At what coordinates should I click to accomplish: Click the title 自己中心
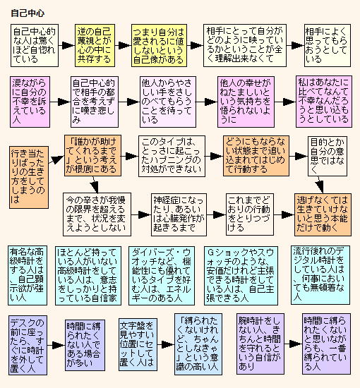pos(28,13)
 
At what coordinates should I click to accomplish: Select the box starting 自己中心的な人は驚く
pos(35,45)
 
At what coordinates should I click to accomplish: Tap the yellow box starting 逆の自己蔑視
pos(95,45)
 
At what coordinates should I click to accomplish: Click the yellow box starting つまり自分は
pos(159,45)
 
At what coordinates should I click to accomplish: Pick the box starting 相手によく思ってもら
pos(328,45)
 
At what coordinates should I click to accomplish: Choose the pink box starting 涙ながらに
pos(30,102)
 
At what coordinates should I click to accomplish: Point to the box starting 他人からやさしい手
pos(167,102)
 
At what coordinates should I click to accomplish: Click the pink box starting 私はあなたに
pos(323,102)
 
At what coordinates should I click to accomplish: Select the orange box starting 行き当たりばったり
pos(29,177)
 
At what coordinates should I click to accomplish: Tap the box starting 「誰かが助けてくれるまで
pos(93,155)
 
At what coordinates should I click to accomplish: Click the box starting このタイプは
pos(172,156)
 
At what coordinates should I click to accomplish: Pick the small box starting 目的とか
pos(328,156)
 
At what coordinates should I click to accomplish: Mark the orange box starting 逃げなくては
pos(323,214)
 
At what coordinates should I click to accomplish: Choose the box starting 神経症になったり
pos(179,214)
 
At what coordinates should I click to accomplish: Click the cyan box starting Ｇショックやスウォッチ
pos(241,275)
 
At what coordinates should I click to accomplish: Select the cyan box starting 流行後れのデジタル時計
pos(320,275)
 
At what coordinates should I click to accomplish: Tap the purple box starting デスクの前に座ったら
pos(28,345)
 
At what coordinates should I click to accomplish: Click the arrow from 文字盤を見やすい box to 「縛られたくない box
pos(166,344)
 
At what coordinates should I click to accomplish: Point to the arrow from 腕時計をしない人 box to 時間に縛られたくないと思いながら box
pos(293,344)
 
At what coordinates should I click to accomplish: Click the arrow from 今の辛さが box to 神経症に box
pos(141,214)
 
